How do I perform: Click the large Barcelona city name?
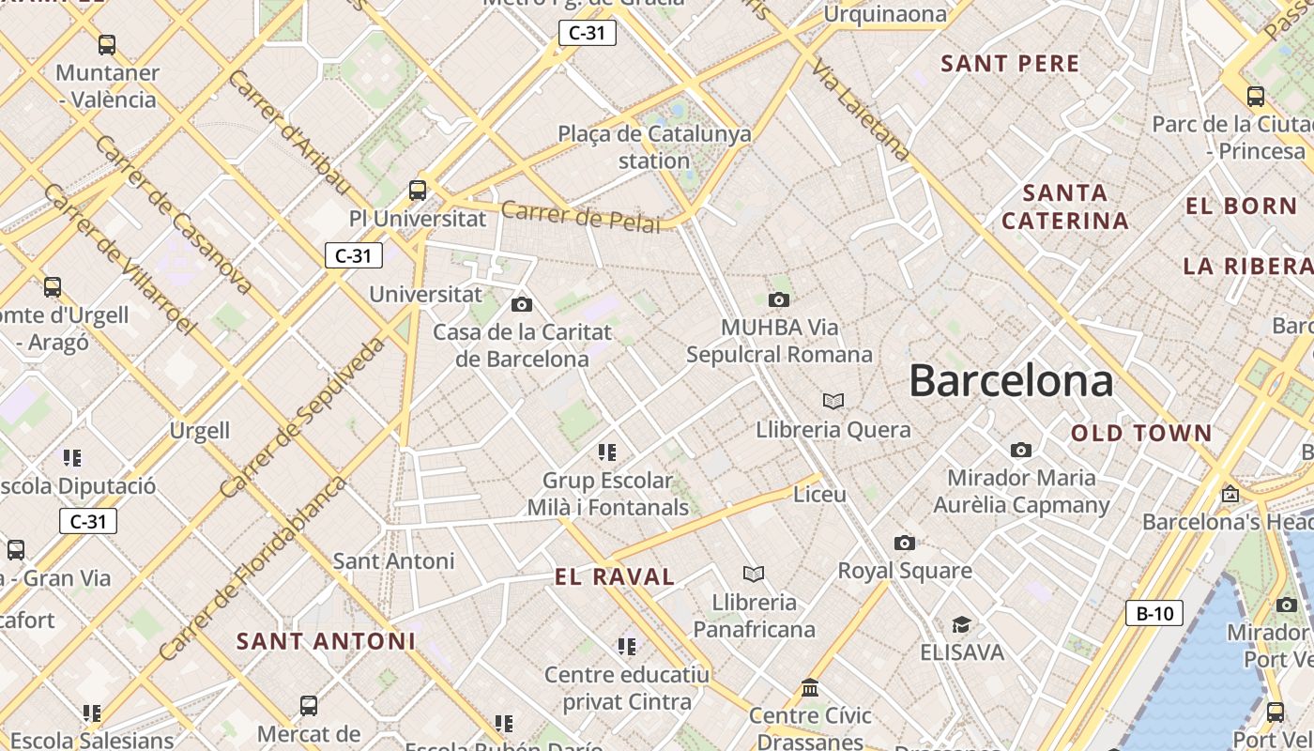[x=1011, y=381]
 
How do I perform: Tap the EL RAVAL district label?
[x=615, y=577]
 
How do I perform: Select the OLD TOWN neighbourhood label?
[x=1141, y=433]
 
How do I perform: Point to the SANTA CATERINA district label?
[x=1064, y=207]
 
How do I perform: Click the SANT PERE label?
[x=1010, y=64]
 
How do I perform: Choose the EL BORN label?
[x=1241, y=207]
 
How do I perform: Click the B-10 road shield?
[x=1154, y=614]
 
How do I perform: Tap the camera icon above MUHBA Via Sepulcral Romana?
[x=778, y=300]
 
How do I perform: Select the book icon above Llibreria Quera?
[x=833, y=402]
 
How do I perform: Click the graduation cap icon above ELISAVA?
[x=961, y=625]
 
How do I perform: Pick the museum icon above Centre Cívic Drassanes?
[x=810, y=689]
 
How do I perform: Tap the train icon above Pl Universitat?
[x=418, y=191]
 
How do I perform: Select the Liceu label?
[x=819, y=494]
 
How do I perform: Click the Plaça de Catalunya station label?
[x=654, y=147]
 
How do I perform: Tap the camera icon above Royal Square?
[x=904, y=544]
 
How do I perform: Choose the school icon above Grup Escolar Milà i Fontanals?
[x=607, y=452]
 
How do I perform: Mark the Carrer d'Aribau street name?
[x=289, y=132]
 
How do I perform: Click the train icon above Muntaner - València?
[x=107, y=44]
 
